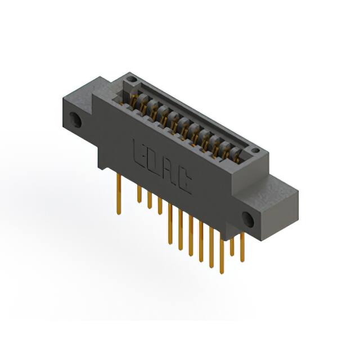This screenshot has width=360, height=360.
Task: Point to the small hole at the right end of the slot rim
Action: (x=254, y=150)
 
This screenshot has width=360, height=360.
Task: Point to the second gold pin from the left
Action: (x=139, y=194)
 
